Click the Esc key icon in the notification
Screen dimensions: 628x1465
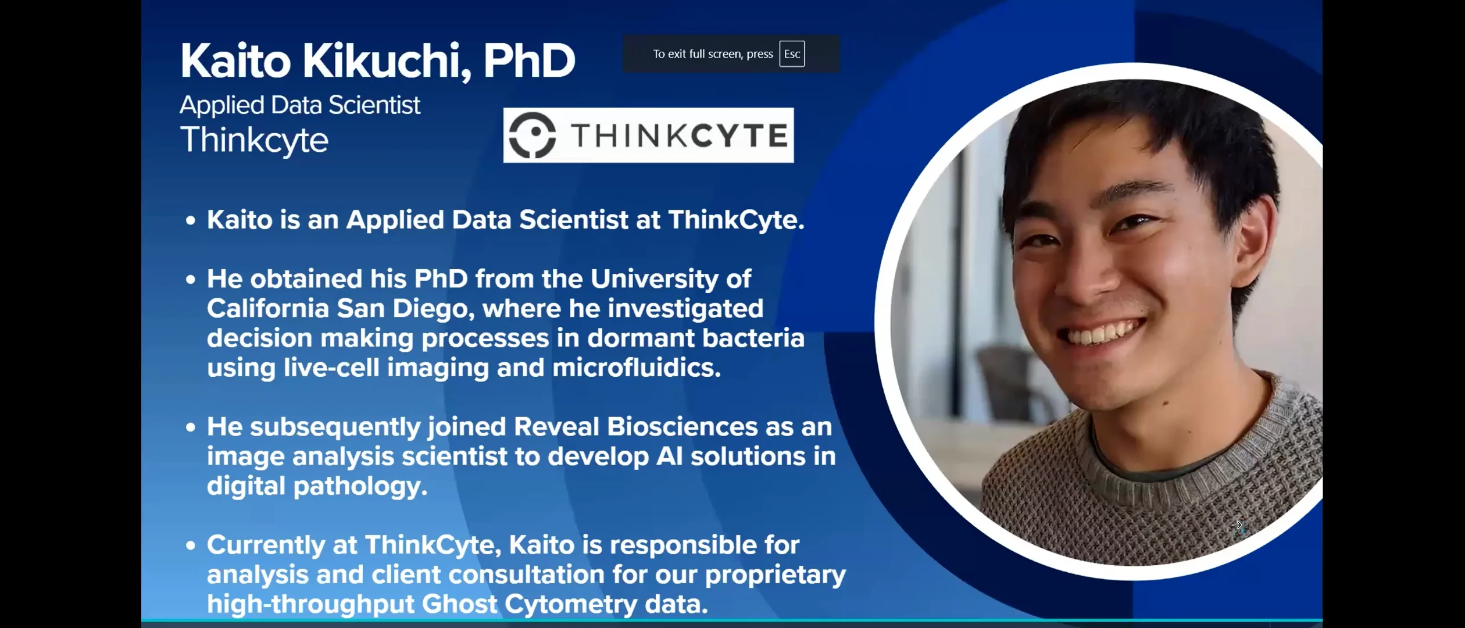(x=792, y=54)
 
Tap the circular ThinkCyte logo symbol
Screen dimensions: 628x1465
(x=532, y=135)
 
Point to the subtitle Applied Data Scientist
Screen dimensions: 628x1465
(x=299, y=105)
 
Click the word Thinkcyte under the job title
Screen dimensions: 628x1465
(x=254, y=140)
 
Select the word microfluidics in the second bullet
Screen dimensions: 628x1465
(x=636, y=367)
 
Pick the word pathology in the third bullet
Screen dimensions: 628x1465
(x=360, y=486)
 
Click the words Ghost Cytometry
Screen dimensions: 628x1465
(x=530, y=604)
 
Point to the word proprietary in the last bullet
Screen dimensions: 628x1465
(x=775, y=575)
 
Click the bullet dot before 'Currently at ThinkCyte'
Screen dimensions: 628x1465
(x=191, y=545)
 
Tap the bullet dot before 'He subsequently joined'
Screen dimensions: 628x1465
(x=191, y=427)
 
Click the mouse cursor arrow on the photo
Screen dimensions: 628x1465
(x=1237, y=525)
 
